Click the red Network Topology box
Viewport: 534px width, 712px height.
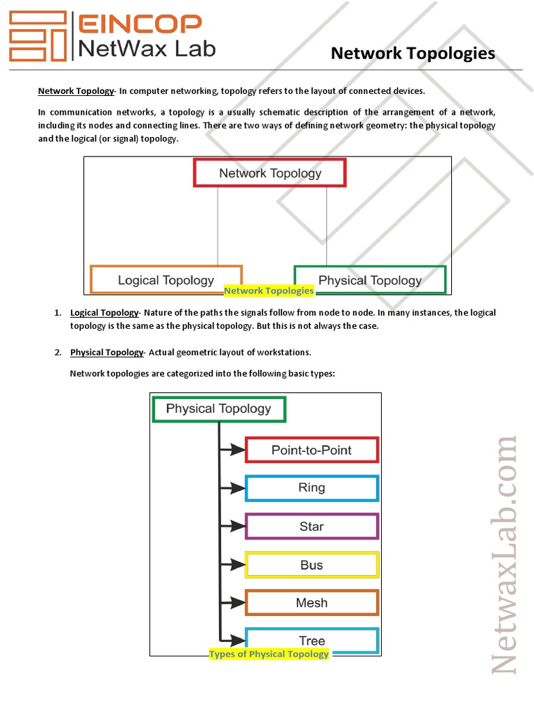pos(270,173)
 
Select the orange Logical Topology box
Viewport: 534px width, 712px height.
pos(166,280)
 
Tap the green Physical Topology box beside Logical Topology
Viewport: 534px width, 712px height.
pos(370,280)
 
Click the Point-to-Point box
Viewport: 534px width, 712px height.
pos(311,450)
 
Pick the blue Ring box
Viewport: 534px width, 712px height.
pos(311,488)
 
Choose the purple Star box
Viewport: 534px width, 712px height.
pos(311,526)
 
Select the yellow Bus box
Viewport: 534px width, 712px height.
pos(311,565)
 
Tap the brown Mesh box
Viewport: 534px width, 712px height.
pos(311,603)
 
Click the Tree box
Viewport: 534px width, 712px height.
pos(311,640)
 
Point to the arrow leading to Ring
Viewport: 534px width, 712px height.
pos(232,488)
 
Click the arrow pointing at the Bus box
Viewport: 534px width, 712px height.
pos(232,565)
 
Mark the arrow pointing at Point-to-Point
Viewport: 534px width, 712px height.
pos(232,450)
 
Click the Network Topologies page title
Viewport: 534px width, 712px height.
pos(413,54)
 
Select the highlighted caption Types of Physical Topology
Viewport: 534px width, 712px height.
pos(269,654)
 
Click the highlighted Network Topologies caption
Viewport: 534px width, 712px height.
pos(268,291)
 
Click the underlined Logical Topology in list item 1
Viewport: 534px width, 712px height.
pos(104,313)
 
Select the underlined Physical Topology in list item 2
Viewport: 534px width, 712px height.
pos(106,353)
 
